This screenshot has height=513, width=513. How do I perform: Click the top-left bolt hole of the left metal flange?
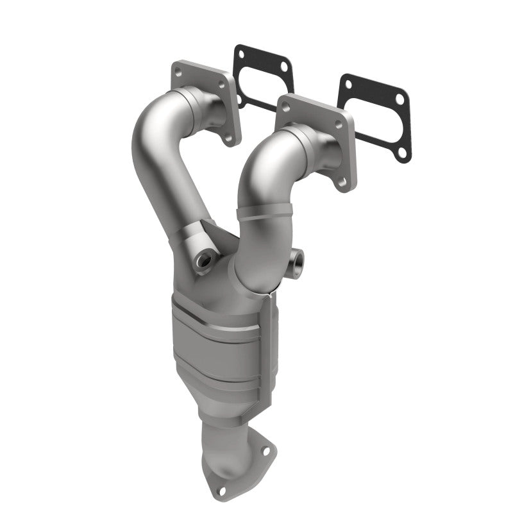point(178,71)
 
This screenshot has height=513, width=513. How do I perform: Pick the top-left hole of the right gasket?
point(348,83)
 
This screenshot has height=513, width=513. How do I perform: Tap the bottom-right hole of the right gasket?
point(402,153)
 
